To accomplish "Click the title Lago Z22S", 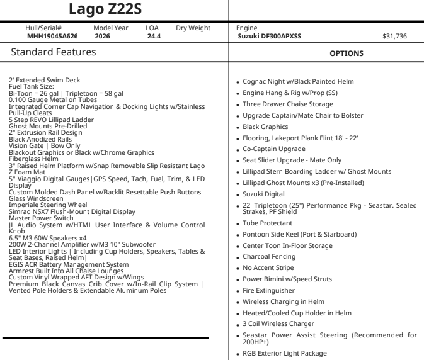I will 113,9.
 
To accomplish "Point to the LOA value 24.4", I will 154,37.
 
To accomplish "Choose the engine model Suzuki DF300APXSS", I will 269,37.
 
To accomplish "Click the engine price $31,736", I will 394,37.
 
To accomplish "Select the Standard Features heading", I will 54,53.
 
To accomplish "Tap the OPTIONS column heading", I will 347,53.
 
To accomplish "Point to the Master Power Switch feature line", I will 38,218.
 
